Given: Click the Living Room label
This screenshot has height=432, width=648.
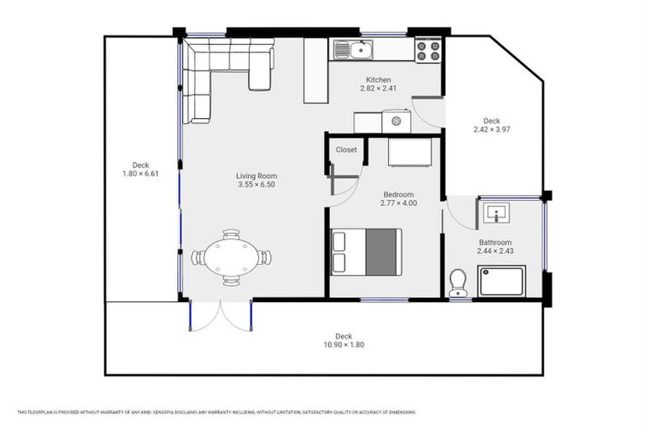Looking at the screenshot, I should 256,175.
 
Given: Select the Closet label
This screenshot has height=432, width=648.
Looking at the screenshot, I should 346,149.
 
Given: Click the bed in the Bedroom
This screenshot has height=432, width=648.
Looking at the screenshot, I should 365,251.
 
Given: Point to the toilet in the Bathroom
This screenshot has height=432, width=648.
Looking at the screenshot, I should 459,283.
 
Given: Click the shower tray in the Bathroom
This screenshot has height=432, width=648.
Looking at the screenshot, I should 502,281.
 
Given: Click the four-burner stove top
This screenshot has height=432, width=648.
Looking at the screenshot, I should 428,50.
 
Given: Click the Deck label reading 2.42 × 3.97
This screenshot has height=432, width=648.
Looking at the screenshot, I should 492,130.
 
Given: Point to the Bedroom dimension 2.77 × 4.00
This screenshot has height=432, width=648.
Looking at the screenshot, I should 398,203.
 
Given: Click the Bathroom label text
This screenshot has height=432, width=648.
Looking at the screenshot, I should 496,242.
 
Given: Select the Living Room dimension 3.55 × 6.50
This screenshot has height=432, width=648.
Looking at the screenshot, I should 256,185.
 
